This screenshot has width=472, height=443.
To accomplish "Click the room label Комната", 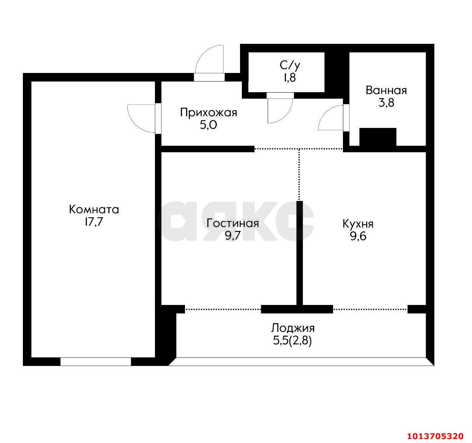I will click(94, 210).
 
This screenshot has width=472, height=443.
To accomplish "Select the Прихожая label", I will click(208, 113).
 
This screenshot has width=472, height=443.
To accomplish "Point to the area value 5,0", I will click(208, 125).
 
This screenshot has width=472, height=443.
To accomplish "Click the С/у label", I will click(290, 66).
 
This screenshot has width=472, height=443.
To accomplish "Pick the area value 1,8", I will click(290, 78).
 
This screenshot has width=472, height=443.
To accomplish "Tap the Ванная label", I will click(386, 90).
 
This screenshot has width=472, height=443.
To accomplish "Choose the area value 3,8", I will click(386, 103).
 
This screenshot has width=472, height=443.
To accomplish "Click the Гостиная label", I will click(233, 223).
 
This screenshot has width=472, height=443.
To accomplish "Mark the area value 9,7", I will click(233, 236).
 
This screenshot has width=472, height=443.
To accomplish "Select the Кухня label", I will click(358, 224).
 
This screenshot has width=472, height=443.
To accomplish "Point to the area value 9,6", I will click(358, 236).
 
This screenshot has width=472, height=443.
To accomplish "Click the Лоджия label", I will click(293, 328).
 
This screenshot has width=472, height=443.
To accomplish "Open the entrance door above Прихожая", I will click(209, 61).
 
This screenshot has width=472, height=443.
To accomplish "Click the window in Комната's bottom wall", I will click(96, 361).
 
